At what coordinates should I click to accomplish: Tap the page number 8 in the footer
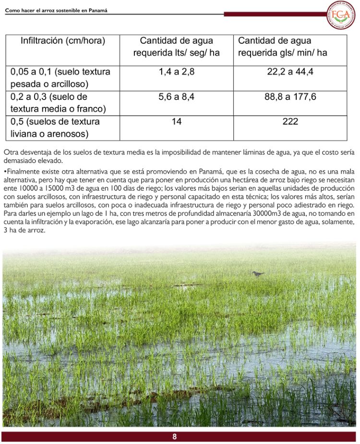point(175,436)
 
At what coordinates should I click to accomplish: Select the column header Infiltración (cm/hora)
point(63,41)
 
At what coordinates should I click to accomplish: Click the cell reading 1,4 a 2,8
point(176,72)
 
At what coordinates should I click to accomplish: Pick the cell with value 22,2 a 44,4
point(290,72)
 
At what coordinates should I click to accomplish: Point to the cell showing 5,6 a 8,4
point(176,97)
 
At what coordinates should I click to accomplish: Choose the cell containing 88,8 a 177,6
point(290,97)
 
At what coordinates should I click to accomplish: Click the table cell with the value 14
point(176,122)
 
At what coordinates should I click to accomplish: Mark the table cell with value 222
point(290,122)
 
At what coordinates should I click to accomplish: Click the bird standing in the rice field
point(258,274)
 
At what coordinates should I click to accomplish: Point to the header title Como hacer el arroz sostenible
point(56,10)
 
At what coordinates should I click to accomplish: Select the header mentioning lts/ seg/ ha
point(176,47)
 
